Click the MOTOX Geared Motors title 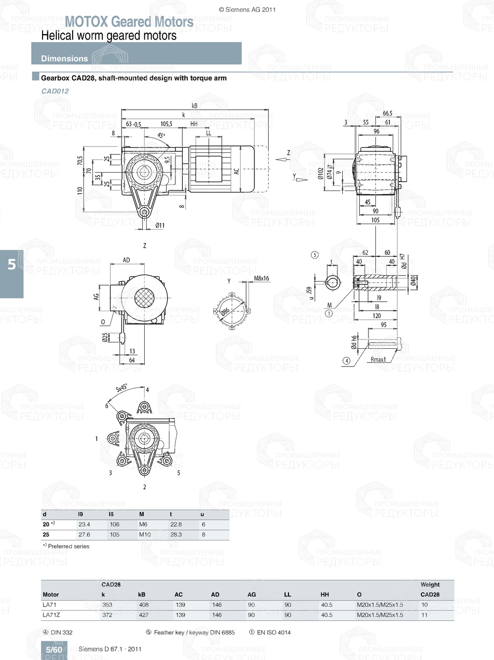129,22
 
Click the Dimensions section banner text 64,58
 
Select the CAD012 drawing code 55,91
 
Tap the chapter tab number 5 12,264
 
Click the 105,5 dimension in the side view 166,124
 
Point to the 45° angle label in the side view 162,135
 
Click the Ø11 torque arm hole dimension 160,226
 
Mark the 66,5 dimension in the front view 387,114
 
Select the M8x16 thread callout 261,279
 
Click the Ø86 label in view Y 225,312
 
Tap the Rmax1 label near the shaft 378,360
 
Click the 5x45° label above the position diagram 122,388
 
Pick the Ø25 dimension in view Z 105,337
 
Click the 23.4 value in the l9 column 84,524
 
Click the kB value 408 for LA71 144,605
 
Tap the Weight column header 430,584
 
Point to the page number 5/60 54,650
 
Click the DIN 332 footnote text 61,632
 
